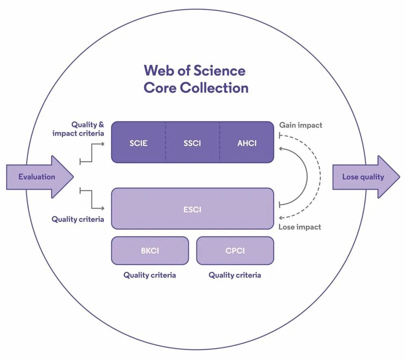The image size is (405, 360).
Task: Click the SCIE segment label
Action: (x=139, y=144)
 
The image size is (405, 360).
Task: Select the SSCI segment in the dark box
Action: (x=192, y=144)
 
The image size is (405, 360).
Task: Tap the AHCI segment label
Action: (x=247, y=144)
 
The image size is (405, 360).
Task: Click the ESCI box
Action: (x=192, y=210)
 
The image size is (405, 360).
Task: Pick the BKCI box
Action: (x=150, y=251)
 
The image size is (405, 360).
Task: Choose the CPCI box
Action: (x=235, y=251)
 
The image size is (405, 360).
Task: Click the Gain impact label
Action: (x=300, y=125)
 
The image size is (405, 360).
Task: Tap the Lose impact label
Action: (x=299, y=227)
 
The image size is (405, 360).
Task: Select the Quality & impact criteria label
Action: (x=78, y=129)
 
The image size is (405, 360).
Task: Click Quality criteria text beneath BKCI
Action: (x=150, y=275)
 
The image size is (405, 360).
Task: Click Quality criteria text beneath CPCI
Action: (x=235, y=275)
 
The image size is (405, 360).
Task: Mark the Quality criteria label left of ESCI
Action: (x=77, y=219)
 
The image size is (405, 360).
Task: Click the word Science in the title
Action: (x=219, y=71)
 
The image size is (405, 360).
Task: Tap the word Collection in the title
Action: (x=214, y=88)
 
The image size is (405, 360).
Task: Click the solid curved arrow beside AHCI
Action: (x=306, y=176)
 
